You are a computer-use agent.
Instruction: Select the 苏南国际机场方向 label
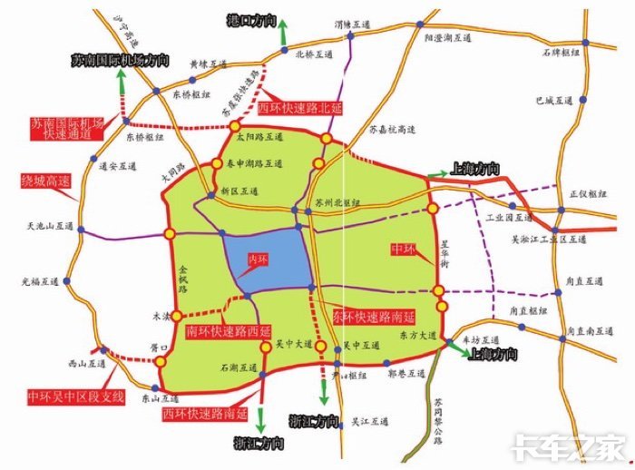click(120, 60)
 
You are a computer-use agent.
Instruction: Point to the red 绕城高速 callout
click(46, 181)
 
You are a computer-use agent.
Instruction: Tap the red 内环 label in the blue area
click(259, 260)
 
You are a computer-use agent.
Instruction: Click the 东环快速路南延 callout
click(372, 317)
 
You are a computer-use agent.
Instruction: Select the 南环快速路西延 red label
click(228, 330)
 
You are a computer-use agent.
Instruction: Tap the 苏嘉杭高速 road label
click(392, 131)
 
